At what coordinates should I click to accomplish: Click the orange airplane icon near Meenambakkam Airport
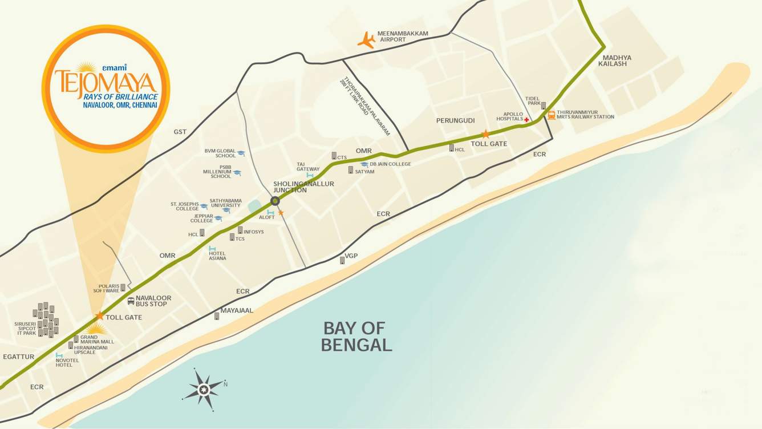coord(366,39)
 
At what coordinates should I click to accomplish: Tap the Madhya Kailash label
coord(617,60)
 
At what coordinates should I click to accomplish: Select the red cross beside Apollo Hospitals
coord(526,120)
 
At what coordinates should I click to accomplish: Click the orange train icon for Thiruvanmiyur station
coord(552,115)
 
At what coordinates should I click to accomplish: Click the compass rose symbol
coord(204,389)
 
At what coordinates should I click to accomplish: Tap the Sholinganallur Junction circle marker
coord(275,201)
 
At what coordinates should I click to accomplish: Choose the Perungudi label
coord(455,121)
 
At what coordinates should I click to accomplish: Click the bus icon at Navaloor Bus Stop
coord(131,301)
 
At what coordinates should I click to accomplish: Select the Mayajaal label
coord(237,311)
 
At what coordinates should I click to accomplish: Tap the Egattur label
coord(18,357)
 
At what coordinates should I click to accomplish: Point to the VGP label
coord(351,256)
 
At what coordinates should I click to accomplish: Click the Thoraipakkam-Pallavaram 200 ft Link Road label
coord(365,106)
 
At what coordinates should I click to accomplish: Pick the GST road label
coord(180,132)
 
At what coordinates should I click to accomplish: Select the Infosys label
coord(253,232)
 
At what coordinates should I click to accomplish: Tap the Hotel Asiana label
coord(217,256)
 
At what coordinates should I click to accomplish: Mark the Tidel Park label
coord(533,101)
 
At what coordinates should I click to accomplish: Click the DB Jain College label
coord(390,164)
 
